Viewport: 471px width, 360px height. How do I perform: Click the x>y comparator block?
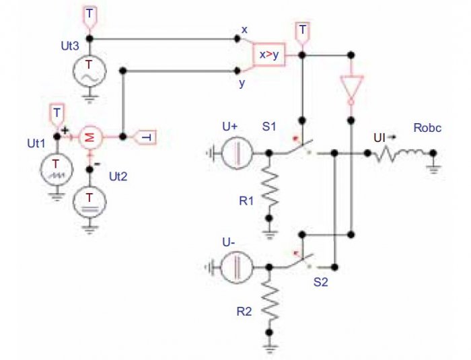269,55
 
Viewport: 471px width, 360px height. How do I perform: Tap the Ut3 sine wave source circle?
89,71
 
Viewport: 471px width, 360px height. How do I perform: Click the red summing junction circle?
91,137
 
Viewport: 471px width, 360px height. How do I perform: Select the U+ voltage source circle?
237,153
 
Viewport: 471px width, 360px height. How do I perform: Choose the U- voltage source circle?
237,267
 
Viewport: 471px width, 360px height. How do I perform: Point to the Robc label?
427,128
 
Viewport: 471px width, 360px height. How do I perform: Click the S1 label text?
269,127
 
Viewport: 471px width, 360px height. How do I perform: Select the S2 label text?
321,282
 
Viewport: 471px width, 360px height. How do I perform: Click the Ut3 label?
70,46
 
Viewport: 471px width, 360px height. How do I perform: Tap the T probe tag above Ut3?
89,17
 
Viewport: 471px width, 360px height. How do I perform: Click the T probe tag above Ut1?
57,115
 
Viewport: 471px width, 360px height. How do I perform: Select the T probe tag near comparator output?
303,34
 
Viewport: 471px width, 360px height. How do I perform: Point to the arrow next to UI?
392,137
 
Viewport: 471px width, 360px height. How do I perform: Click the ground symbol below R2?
269,349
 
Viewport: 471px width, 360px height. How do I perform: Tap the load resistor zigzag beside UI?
386,155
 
